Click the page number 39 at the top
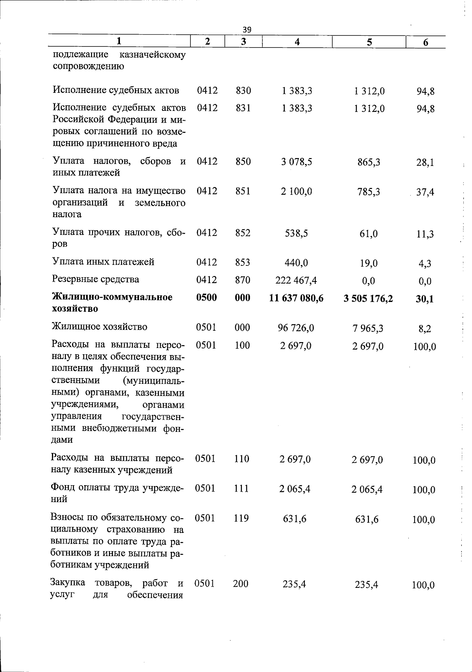247,29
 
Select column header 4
297,42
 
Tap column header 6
425,42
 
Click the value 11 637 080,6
296,298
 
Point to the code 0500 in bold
206,298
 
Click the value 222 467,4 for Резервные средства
297,280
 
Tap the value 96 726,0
296,327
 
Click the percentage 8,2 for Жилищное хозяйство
425,329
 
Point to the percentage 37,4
425,193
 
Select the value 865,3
369,162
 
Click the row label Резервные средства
96,280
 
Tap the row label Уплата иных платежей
103,261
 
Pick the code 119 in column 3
241,518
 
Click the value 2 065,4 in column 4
295,489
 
